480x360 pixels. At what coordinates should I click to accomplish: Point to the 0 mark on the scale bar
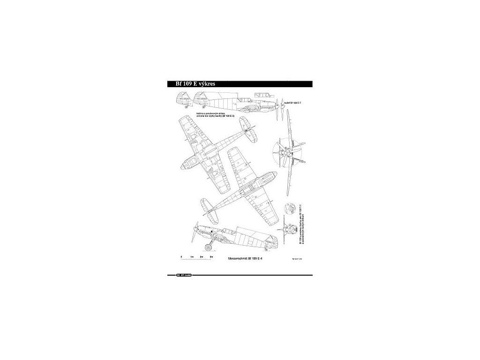[x=181, y=257]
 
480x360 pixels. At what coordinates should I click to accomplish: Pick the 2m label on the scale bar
[x=201, y=257]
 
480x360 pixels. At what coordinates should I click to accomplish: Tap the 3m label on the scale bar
[x=211, y=257]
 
